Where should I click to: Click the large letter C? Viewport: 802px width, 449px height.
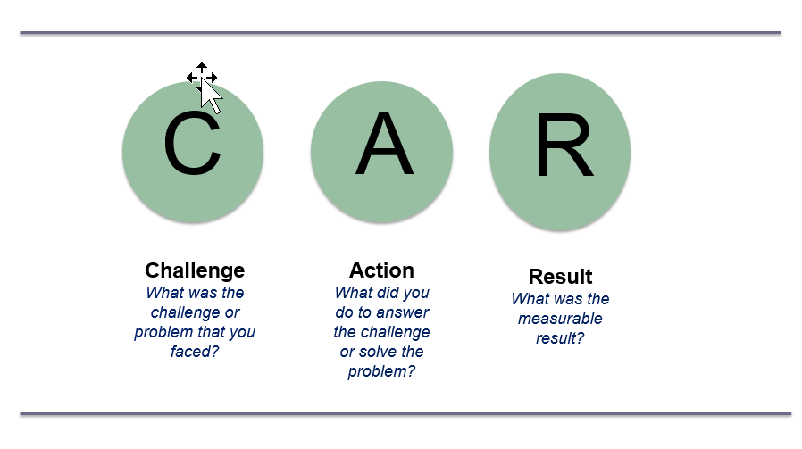192,144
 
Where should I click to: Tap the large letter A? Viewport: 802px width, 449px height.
384,143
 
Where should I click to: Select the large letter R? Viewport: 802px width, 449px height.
564,145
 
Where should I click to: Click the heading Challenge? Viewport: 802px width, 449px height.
195,270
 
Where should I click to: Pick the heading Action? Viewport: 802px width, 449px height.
381,270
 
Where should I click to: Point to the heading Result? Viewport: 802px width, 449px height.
560,277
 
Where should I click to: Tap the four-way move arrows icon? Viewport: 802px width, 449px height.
202,78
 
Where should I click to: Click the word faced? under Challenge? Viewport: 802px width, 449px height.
195,352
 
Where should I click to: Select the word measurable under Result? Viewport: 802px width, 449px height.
560,319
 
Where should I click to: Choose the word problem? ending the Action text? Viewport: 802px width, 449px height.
381,371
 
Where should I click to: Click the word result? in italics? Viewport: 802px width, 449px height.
560,338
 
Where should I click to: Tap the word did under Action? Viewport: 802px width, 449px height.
381,293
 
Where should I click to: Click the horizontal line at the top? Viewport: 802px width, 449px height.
400,33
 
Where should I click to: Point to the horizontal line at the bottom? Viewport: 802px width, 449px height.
405,413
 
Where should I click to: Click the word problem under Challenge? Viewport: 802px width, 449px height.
163,332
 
